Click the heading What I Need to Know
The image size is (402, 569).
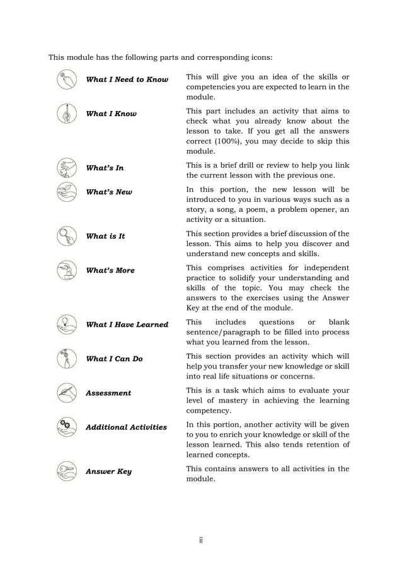[x=127, y=80]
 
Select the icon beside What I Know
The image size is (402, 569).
[x=66, y=114]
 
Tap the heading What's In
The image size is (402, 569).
[x=105, y=168]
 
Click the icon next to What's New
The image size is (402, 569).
[x=66, y=192]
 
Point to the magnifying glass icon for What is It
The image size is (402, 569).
[x=66, y=237]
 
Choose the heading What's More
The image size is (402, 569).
[x=110, y=271]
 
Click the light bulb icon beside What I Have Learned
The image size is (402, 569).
[x=66, y=324]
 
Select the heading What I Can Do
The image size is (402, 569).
[x=114, y=359]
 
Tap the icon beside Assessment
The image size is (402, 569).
[x=66, y=393]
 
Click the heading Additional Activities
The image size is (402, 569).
[x=126, y=427]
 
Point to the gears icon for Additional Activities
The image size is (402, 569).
[x=66, y=427]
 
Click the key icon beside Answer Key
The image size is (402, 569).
[x=66, y=471]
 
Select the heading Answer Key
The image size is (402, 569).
[x=108, y=472]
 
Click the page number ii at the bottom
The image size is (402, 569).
[x=201, y=540]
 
